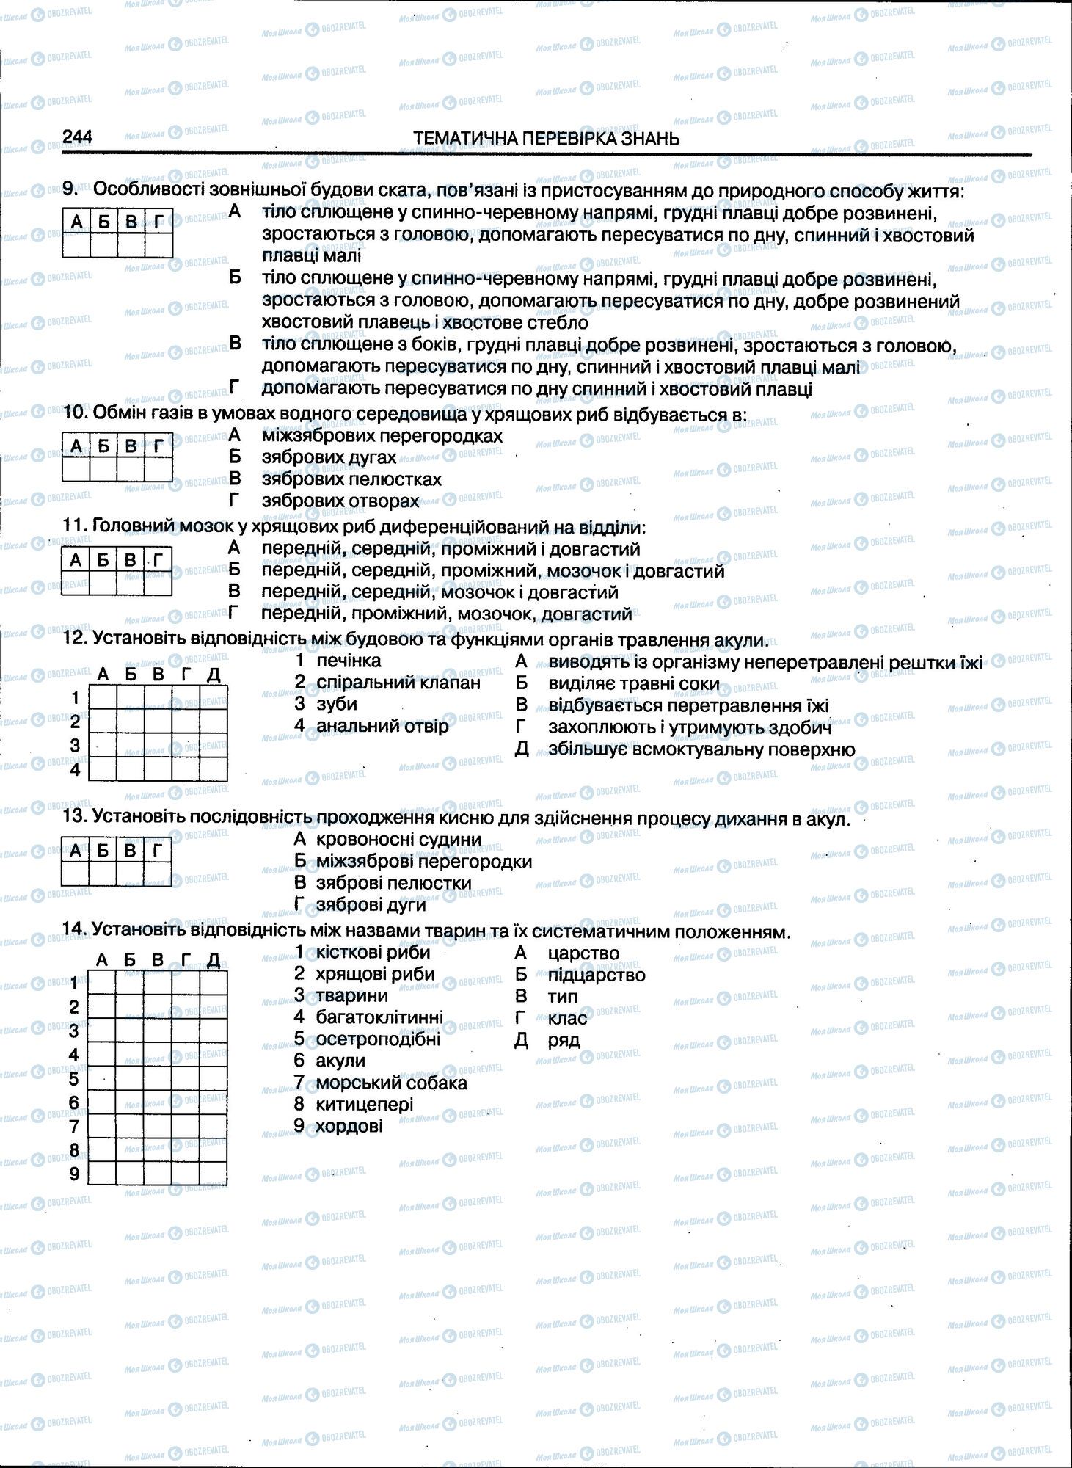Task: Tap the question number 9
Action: pos(70,189)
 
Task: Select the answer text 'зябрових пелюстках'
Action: pos(351,479)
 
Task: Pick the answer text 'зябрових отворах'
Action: pos(340,501)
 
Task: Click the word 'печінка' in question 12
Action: pos(349,660)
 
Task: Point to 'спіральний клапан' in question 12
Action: pos(398,682)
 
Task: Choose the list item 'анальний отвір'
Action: pos(382,726)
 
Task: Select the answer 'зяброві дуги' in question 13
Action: pos(371,905)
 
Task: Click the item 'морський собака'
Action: pos(391,1083)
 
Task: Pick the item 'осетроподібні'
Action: pos(378,1039)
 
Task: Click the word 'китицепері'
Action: pos(365,1104)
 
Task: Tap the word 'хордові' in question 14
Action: pos(349,1125)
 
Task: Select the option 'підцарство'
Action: pos(597,975)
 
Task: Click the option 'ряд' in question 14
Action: pos(564,1040)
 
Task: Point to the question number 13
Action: pos(74,818)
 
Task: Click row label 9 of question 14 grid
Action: pos(74,1174)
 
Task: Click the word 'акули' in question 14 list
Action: pos(340,1061)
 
